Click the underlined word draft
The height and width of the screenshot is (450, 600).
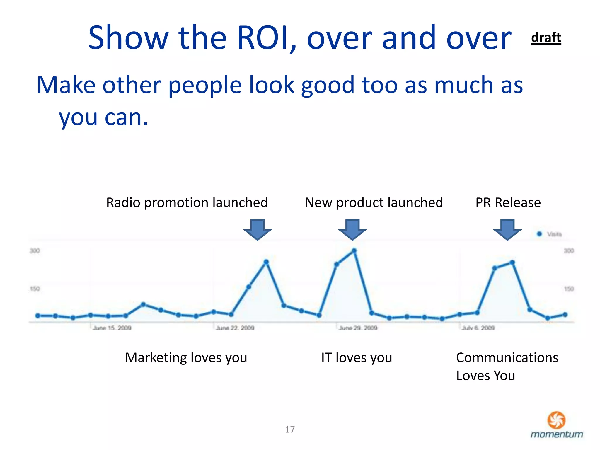(x=546, y=38)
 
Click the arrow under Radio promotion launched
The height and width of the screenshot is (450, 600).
(x=258, y=229)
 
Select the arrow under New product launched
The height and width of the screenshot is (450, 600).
(x=352, y=229)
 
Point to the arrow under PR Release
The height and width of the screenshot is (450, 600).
(x=507, y=229)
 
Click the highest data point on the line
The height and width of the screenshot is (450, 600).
(x=354, y=250)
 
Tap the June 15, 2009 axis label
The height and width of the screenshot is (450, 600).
(x=112, y=328)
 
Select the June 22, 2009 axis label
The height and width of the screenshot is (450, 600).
(x=235, y=328)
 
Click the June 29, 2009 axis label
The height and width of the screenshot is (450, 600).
(x=358, y=328)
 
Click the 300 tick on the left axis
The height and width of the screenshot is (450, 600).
(x=35, y=251)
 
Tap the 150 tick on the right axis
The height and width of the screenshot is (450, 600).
(x=569, y=289)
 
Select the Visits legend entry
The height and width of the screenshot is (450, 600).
(x=550, y=234)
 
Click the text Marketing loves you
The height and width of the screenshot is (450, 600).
(x=186, y=358)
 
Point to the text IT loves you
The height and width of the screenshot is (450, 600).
(x=357, y=358)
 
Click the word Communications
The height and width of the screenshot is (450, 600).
(x=507, y=358)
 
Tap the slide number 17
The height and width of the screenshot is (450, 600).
(x=290, y=429)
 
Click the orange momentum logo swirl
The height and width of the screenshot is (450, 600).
(x=556, y=420)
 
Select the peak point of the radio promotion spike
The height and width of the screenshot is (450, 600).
(x=266, y=262)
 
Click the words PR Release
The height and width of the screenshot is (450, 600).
(x=508, y=202)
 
